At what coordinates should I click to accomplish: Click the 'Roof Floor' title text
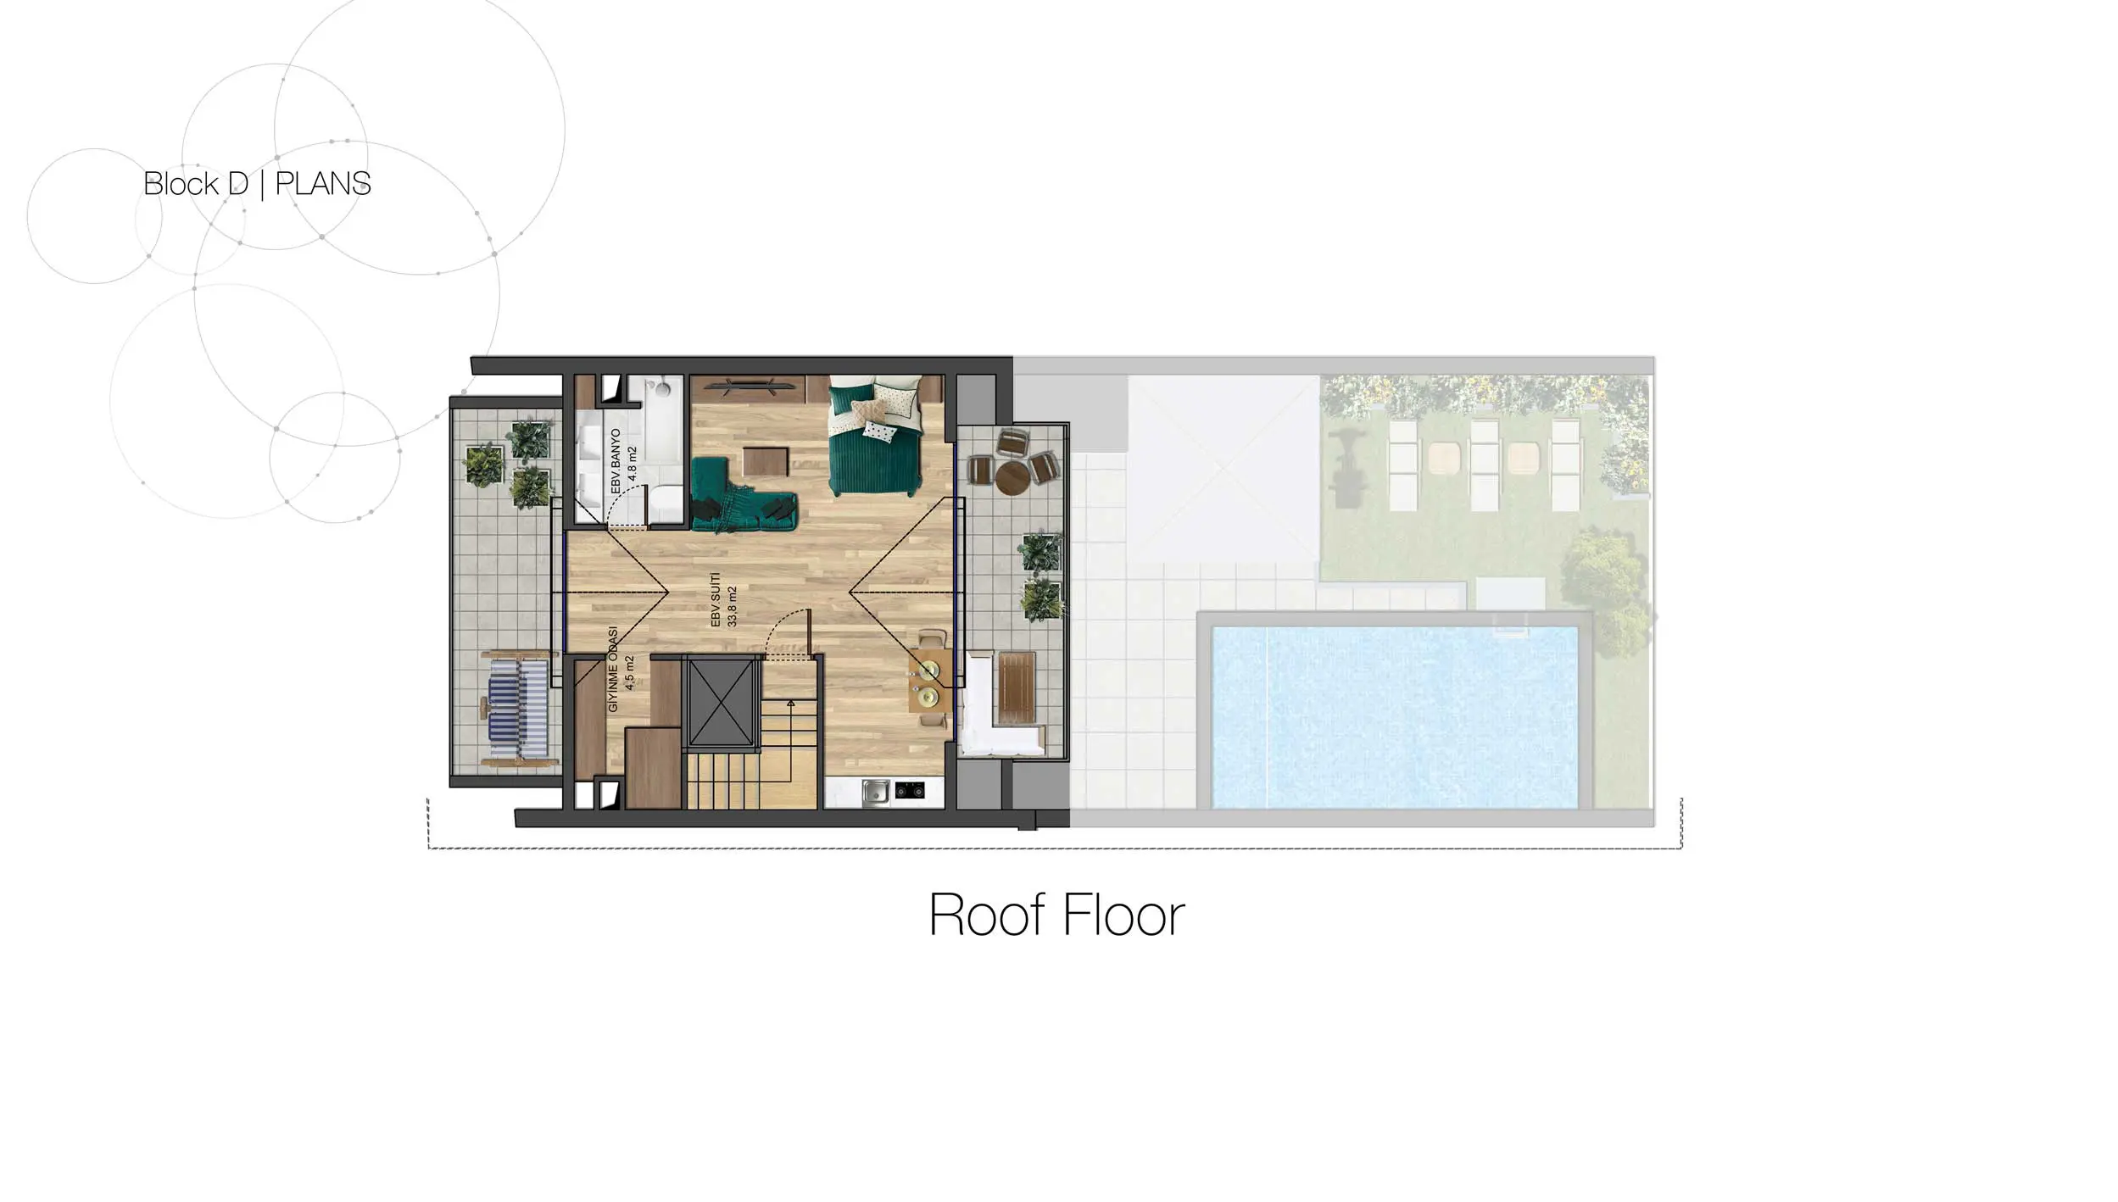(1056, 915)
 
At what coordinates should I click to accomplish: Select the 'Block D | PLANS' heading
(257, 184)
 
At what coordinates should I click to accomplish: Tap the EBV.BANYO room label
(616, 462)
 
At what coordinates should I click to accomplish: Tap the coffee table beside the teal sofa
(766, 462)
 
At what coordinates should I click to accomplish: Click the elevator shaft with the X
(722, 702)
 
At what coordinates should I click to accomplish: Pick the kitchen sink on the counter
(875, 792)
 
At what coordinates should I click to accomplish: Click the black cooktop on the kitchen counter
(910, 791)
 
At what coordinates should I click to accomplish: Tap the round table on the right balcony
(1012, 477)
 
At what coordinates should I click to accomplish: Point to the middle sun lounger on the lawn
(1485, 465)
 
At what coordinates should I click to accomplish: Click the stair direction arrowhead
(790, 703)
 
